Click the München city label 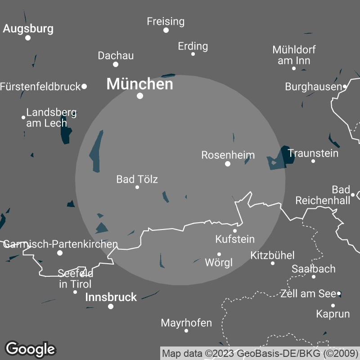click(139, 84)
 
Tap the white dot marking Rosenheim click(228, 164)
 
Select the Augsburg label click(28, 29)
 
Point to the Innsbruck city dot click(111, 306)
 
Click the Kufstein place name click(235, 239)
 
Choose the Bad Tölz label click(137, 179)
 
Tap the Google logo click(30, 349)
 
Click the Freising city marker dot click(166, 30)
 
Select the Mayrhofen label click(186, 323)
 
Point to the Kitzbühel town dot click(272, 263)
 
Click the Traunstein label click(313, 153)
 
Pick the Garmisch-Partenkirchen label click(60, 244)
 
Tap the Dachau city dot click(116, 64)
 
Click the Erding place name click(193, 46)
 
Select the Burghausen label click(314, 87)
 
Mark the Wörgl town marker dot click(219, 254)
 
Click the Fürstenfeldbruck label click(40, 86)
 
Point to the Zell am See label click(308, 294)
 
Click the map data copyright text click(260, 353)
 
